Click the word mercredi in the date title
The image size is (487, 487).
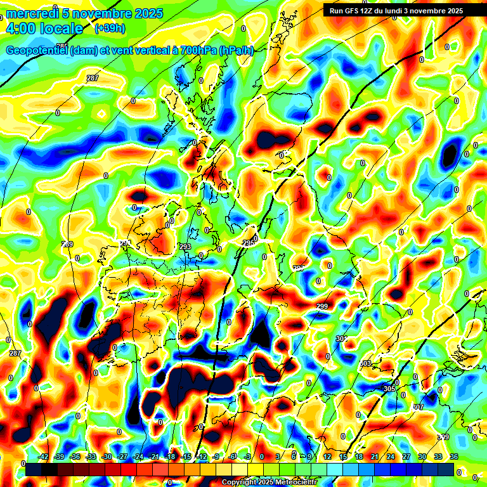(30, 13)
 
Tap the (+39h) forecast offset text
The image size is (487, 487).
(110, 29)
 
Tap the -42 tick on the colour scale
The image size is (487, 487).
(44, 457)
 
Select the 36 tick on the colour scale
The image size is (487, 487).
(454, 457)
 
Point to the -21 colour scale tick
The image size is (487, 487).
(153, 457)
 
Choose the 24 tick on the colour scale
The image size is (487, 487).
(391, 457)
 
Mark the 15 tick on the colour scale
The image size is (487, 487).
(343, 457)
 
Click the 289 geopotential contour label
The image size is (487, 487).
(67, 245)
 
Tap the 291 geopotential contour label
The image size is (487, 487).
(125, 243)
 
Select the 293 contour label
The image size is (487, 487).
(185, 247)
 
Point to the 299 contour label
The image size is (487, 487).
(322, 307)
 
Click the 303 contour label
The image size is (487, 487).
(365, 363)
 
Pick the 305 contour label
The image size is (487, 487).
(389, 388)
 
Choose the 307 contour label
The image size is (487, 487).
(418, 407)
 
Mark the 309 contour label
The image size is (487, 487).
(443, 438)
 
